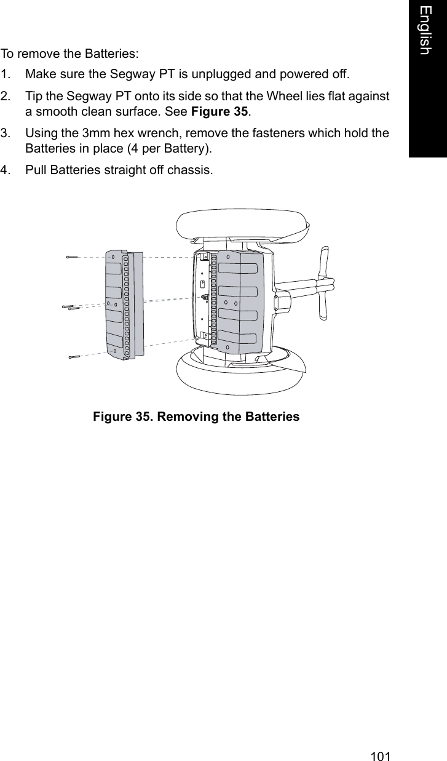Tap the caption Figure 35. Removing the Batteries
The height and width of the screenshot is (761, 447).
[196, 417]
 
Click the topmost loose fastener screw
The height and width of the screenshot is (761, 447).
[73, 257]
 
